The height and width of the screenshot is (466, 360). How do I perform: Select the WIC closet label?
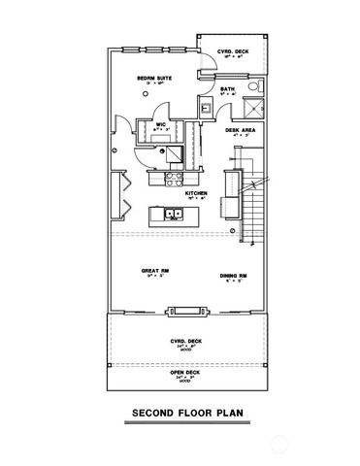(160, 124)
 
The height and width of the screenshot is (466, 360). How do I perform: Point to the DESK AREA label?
(240, 129)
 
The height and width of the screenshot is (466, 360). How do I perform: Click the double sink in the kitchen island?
(174, 214)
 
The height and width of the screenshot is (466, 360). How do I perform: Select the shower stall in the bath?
(255, 109)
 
